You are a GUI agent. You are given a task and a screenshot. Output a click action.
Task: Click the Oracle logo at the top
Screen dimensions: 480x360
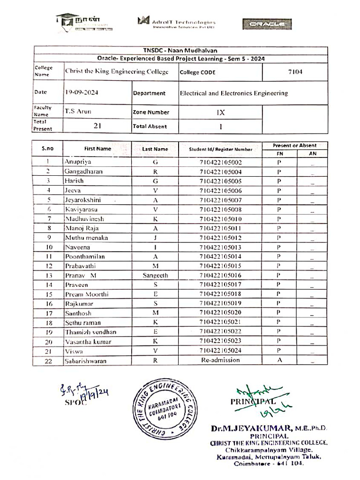(267, 24)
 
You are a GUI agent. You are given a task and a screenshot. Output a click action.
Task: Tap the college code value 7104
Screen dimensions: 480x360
(295, 72)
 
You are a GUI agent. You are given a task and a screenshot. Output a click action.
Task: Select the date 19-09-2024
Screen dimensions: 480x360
(82, 93)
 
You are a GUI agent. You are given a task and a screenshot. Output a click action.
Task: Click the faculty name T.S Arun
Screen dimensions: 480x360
(78, 112)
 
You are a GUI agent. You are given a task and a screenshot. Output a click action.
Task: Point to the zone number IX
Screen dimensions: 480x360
(221, 112)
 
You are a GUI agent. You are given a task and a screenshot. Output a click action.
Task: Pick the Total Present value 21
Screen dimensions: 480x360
(97, 126)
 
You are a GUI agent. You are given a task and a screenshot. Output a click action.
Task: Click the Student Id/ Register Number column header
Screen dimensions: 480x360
(220, 149)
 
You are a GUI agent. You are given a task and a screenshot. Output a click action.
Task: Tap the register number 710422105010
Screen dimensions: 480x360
(220, 219)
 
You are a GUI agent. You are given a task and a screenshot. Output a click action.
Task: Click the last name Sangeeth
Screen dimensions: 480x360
(155, 276)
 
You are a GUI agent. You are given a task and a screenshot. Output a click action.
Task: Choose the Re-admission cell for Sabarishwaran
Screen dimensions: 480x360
(220, 360)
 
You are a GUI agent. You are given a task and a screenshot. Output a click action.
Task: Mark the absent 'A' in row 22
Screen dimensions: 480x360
(278, 360)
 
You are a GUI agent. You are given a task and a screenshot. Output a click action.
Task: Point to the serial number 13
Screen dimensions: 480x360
(48, 276)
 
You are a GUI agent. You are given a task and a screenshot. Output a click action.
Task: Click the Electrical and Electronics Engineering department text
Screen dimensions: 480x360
(233, 93)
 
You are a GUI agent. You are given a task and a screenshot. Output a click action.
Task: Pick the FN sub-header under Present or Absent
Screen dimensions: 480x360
(279, 153)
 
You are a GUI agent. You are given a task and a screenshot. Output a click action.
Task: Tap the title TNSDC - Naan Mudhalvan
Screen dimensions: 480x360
(180, 51)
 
